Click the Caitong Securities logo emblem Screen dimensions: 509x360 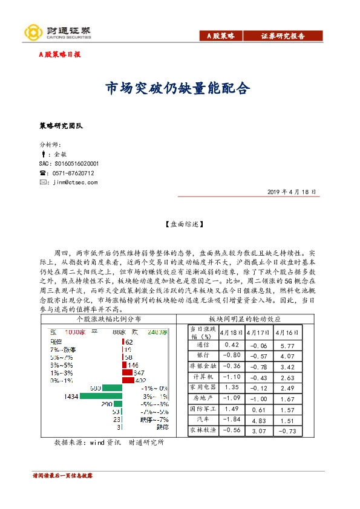tap(32, 31)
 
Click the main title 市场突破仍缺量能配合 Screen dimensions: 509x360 tap(178, 89)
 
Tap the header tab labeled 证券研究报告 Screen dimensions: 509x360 tap(283, 36)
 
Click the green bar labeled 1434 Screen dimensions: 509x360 tap(101, 396)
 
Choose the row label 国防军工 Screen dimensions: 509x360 tap(202, 409)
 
